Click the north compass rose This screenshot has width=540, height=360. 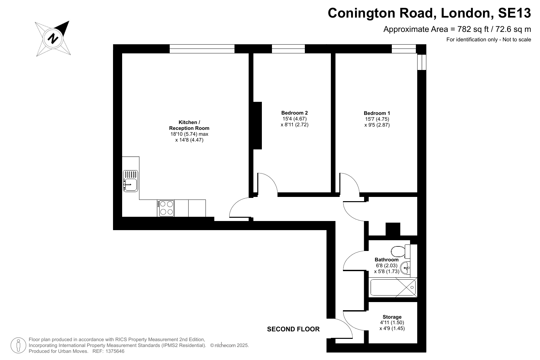pos(53,38)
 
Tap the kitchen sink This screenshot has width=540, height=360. pos(130,181)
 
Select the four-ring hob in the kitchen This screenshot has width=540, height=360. pos(166,208)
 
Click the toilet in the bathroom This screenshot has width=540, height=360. pos(400,251)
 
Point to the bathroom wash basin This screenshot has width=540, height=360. pos(405,268)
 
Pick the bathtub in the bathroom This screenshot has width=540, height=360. pos(393,287)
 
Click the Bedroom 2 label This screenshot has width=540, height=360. pos(294,113)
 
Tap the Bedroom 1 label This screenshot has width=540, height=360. pos(377,113)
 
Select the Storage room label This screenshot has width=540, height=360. pos(392,317)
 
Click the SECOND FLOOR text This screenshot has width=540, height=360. pos(293,329)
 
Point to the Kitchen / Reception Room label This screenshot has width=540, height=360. pos(189,125)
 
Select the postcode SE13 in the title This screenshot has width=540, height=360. pos(515,13)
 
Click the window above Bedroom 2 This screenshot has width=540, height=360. pos(288,49)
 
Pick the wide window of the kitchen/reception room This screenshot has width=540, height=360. pos(202,49)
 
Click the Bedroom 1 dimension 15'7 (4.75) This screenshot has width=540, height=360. pos(377,119)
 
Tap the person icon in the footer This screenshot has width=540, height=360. pos(18,345)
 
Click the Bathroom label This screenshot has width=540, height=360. pos(387,259)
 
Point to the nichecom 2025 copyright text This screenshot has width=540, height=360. pos(229,345)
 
